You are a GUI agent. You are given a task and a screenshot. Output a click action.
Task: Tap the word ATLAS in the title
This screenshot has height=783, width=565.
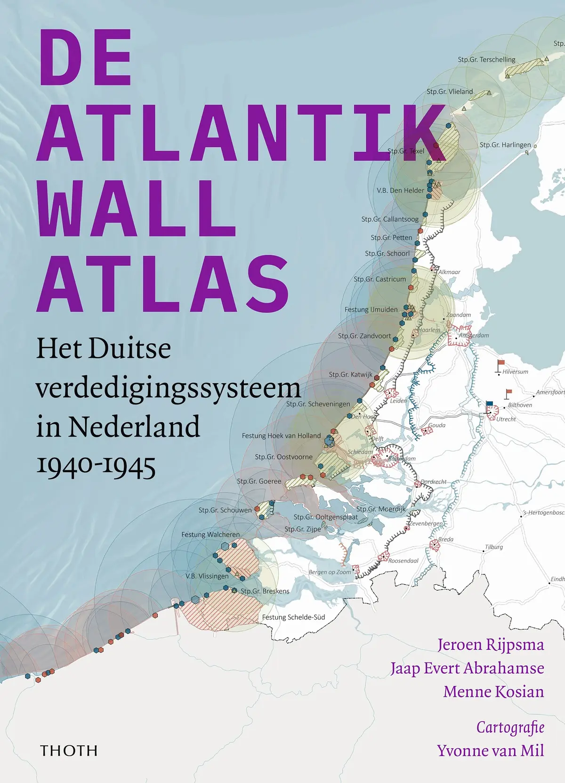162,284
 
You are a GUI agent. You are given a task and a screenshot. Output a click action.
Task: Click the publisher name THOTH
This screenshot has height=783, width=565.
69,751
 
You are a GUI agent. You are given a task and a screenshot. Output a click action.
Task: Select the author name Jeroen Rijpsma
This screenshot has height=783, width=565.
491,644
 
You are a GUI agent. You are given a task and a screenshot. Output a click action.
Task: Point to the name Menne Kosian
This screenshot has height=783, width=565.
493,691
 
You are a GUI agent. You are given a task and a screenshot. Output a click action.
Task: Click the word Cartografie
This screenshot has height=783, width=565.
510,727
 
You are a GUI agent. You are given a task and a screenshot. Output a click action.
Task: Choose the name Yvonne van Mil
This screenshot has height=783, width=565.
490,750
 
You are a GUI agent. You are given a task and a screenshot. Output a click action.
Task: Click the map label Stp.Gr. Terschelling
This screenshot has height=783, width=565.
486,60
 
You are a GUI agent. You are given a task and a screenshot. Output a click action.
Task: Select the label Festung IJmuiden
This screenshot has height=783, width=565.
371,309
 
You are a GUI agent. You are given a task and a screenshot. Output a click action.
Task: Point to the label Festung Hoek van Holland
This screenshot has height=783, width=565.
281,436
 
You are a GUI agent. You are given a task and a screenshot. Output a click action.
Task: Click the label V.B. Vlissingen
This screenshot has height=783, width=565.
207,576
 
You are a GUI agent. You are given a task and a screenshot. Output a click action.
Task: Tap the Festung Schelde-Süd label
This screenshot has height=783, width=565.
293,617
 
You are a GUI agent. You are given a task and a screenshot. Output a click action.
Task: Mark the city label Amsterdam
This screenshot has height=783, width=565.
474,335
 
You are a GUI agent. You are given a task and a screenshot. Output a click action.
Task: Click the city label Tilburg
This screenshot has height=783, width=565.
494,547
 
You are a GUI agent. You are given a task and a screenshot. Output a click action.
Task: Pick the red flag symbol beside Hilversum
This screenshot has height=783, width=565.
501,363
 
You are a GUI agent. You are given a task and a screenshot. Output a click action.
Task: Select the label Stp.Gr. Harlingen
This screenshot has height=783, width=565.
505,145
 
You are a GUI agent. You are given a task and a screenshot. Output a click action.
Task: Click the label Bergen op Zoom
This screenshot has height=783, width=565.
330,572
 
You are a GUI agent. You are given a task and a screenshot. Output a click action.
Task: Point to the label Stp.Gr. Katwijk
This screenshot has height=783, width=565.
350,374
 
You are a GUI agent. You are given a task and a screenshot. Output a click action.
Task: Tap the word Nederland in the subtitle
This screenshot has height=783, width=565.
134,427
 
